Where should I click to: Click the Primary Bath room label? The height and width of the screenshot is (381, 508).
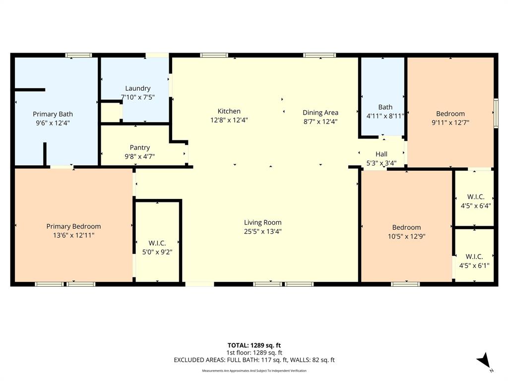click(53, 114)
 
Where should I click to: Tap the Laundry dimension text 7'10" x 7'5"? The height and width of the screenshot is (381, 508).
click(138, 97)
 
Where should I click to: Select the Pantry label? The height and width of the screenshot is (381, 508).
click(140, 147)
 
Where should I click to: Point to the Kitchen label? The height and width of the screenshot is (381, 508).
click(229, 111)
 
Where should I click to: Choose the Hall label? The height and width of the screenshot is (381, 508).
click(381, 154)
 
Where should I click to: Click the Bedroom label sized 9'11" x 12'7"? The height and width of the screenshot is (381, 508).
click(450, 114)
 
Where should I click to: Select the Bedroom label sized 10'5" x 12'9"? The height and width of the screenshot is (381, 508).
click(406, 228)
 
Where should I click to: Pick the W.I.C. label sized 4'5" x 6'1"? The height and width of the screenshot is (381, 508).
click(474, 256)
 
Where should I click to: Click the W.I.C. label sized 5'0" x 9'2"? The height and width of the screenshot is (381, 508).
click(157, 243)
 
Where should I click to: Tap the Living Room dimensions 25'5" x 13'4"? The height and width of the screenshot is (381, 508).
click(262, 231)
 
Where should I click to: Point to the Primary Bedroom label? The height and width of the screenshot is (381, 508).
click(73, 226)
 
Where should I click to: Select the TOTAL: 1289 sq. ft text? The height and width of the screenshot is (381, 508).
click(254, 345)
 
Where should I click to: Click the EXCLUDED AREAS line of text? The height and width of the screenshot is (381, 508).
click(254, 360)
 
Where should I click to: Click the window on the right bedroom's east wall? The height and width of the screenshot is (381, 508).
click(496, 113)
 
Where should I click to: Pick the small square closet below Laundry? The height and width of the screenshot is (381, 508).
click(111, 113)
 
